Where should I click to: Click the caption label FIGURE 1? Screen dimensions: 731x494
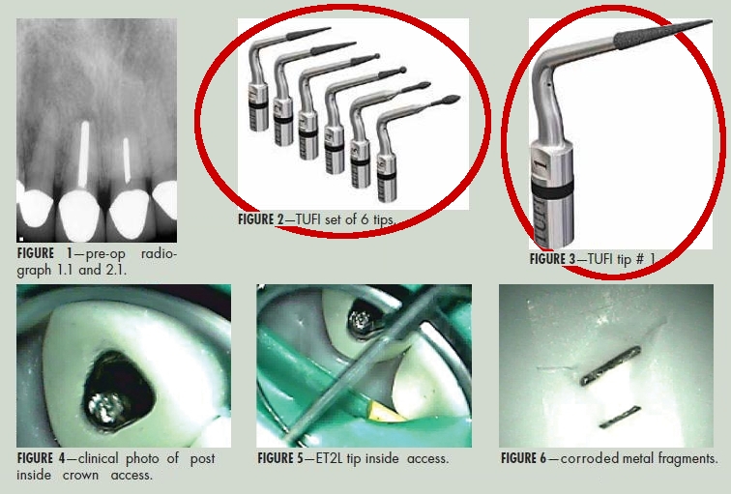tap(44, 254)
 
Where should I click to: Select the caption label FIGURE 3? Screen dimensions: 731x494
tap(552, 259)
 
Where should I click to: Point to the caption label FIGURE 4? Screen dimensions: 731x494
tap(41, 458)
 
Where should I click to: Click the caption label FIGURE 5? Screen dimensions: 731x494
tap(280, 458)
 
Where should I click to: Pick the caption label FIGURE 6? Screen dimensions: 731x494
tap(523, 458)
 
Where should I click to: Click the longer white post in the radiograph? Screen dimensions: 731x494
tap(83, 154)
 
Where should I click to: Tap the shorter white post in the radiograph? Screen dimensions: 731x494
tap(127, 160)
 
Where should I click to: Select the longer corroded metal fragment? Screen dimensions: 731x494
tap(610, 365)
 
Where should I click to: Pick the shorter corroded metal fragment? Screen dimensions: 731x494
tap(620, 417)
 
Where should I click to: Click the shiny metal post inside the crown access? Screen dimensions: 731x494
tap(106, 409)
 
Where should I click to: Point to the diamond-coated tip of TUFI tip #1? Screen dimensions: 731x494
tap(662, 34)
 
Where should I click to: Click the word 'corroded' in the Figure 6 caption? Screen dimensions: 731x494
tap(589, 458)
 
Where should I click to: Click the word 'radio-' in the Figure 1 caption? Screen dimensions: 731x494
tap(159, 254)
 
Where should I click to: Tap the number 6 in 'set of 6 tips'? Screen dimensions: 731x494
tap(365, 219)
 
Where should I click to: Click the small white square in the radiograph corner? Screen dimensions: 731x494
tap(20, 239)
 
